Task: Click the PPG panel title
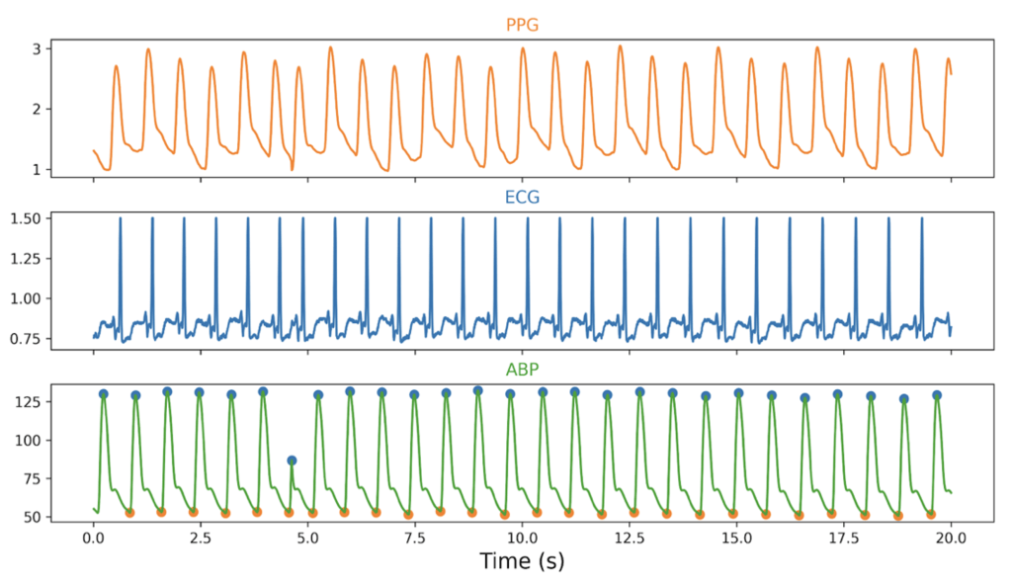(522, 25)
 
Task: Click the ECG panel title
(522, 197)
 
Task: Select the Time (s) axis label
(522, 562)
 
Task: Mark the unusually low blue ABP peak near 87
(292, 460)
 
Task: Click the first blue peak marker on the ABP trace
(103, 394)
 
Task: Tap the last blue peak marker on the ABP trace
(937, 395)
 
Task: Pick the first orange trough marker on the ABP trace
(129, 512)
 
